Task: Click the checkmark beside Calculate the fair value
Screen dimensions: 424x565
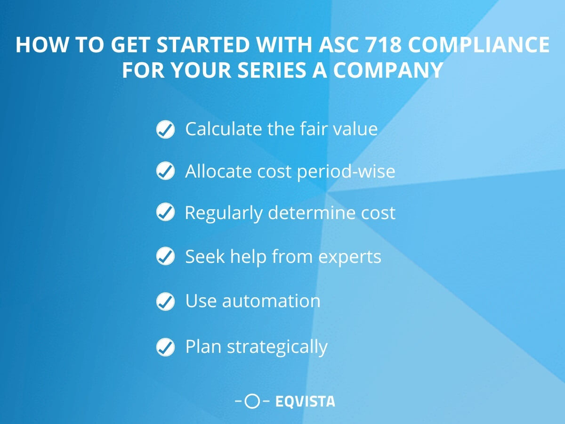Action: click(x=165, y=129)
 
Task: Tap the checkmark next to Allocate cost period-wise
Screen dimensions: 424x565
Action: click(x=165, y=171)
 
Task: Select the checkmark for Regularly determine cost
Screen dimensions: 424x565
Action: click(x=165, y=213)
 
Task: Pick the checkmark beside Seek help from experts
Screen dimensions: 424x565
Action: click(x=165, y=257)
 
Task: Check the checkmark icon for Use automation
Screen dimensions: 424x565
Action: click(x=165, y=301)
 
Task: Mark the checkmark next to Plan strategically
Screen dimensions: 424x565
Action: click(x=165, y=347)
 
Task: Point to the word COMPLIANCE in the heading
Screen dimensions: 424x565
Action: click(x=479, y=45)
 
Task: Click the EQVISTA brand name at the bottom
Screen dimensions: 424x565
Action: click(x=305, y=401)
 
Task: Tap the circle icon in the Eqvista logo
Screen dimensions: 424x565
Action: click(x=253, y=401)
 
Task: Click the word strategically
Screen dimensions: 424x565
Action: click(x=277, y=347)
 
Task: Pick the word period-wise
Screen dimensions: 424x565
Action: click(x=346, y=171)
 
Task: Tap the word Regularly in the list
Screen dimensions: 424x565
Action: click(x=224, y=213)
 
